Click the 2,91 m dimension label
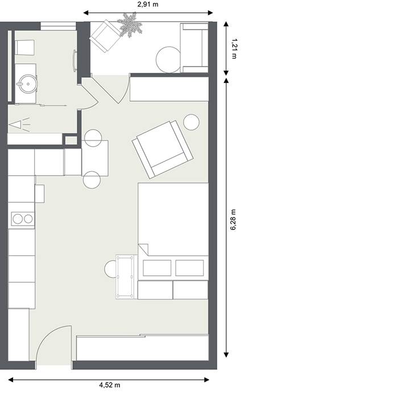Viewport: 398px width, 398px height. [x=148, y=5]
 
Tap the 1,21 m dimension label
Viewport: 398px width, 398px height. [x=234, y=48]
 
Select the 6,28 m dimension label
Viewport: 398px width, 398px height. [x=233, y=220]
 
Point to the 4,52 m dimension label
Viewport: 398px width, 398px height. [x=110, y=385]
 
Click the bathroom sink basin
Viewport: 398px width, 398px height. [x=28, y=84]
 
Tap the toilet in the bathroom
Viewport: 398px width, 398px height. [x=24, y=47]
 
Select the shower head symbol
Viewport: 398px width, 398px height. [x=19, y=125]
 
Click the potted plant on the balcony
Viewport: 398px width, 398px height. [x=130, y=25]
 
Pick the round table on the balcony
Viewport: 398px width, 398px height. [x=168, y=60]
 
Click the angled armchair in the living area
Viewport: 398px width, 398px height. [x=163, y=149]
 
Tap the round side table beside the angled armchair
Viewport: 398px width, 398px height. [x=191, y=122]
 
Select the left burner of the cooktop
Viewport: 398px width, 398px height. [x=18, y=219]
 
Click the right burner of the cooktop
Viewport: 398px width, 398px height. [x=28, y=219]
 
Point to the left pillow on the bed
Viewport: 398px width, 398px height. [x=157, y=268]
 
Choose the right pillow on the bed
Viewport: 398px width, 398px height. [x=189, y=268]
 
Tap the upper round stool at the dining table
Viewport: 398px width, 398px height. [x=93, y=138]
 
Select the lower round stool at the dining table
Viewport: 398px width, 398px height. [x=92, y=180]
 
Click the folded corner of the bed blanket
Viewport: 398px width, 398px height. [x=143, y=248]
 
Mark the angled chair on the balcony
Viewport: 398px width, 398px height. [x=105, y=36]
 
